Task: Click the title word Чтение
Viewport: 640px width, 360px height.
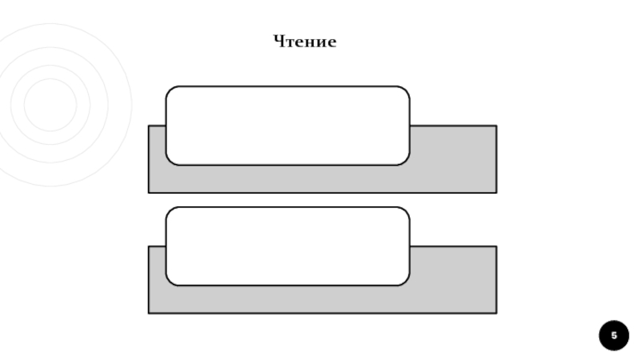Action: tap(305, 42)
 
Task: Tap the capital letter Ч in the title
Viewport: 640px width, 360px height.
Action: tap(279, 42)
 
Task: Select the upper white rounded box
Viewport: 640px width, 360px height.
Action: tap(287, 126)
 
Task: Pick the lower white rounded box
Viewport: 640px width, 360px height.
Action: tap(287, 246)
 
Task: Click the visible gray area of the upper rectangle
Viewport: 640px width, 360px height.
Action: tap(453, 160)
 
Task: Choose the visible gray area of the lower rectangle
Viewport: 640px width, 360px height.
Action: tap(453, 280)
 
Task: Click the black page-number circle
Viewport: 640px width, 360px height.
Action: tap(614, 335)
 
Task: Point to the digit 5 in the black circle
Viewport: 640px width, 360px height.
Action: tap(614, 335)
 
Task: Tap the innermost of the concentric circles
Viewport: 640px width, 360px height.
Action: tap(50, 105)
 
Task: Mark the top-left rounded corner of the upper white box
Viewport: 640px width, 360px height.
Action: tap(170, 90)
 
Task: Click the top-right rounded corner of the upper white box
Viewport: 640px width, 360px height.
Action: tap(406, 90)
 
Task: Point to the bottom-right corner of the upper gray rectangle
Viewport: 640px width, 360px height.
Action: tap(496, 192)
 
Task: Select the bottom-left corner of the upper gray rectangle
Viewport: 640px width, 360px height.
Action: tap(149, 192)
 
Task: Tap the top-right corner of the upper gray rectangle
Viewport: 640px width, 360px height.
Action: tap(496, 126)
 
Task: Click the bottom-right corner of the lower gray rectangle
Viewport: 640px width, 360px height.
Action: tap(496, 313)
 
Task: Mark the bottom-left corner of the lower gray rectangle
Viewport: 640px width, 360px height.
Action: tap(149, 313)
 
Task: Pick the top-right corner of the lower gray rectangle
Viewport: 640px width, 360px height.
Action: tap(496, 246)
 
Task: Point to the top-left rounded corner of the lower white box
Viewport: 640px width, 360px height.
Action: tap(170, 211)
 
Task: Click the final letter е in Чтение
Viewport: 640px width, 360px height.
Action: tap(332, 43)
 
